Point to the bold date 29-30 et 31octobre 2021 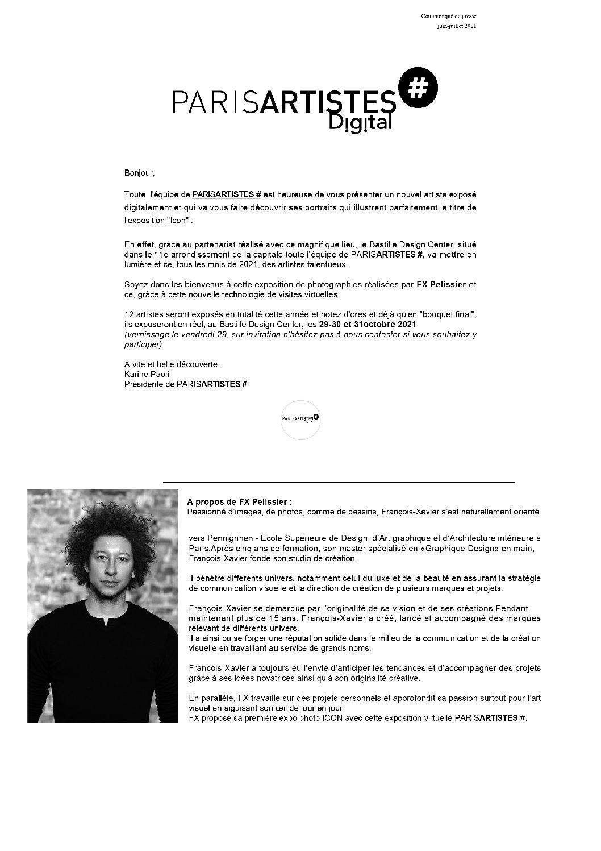click(368, 323)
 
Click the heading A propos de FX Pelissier click(239, 502)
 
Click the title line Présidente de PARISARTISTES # click(185, 384)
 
